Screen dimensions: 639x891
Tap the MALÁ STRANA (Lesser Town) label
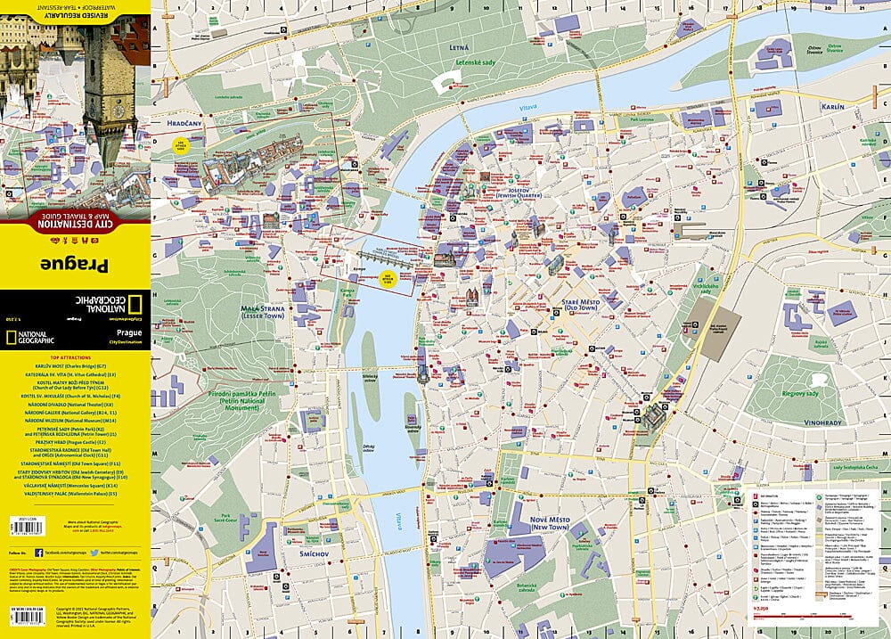(264, 312)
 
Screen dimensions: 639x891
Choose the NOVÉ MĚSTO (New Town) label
(551, 525)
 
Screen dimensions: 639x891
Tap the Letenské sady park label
(476, 63)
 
